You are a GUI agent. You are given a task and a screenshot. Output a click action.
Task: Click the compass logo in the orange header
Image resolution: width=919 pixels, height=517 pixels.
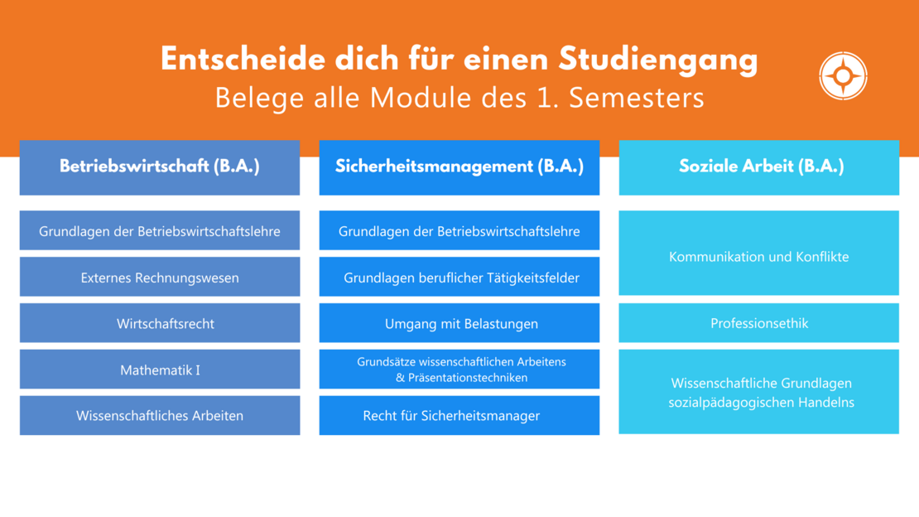coord(843,75)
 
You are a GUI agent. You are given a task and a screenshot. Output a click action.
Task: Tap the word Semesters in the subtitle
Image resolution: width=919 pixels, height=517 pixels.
coord(637,98)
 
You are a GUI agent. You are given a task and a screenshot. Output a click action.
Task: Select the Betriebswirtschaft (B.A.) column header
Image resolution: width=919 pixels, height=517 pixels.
coord(160,167)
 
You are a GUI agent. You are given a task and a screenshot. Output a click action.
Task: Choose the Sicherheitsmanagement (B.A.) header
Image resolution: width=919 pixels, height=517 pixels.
coord(459,167)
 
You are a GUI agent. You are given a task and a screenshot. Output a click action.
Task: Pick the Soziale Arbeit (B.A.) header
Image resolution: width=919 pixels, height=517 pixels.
coord(759,167)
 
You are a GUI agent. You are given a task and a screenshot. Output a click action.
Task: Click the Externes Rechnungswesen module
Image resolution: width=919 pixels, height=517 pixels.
coord(160,277)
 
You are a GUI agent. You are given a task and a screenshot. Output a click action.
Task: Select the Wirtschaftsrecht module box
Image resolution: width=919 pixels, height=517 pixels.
coord(160,323)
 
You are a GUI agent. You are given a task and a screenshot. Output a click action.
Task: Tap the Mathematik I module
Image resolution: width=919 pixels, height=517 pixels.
coord(160,370)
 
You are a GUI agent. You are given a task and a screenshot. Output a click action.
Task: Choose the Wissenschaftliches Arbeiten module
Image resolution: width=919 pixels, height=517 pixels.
coord(160,415)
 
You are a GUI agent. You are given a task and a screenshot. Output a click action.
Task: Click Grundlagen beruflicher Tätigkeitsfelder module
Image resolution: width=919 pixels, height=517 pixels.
coord(459,277)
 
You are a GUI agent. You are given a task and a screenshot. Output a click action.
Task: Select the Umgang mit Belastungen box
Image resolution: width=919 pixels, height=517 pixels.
coord(459,323)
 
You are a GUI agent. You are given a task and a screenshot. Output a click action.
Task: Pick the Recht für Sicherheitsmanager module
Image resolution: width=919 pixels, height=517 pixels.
coord(459,415)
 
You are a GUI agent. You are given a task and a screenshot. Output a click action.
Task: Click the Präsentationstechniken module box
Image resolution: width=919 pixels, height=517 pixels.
coord(459,370)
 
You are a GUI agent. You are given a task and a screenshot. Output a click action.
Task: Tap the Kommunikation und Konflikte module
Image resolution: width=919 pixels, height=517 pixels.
coord(759,253)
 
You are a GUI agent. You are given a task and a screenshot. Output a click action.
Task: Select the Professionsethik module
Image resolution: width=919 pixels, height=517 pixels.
coord(759,323)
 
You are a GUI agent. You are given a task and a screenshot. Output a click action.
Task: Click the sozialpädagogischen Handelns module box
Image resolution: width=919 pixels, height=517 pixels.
coord(759,392)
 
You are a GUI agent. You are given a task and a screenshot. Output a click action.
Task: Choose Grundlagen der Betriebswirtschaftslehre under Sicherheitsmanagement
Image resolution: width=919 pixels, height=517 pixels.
coord(459,230)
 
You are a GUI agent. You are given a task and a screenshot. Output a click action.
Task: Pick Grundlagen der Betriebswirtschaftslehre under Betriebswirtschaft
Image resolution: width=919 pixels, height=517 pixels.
coord(160,230)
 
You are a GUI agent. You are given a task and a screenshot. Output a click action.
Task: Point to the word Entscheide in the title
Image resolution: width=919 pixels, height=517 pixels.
coord(243,59)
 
